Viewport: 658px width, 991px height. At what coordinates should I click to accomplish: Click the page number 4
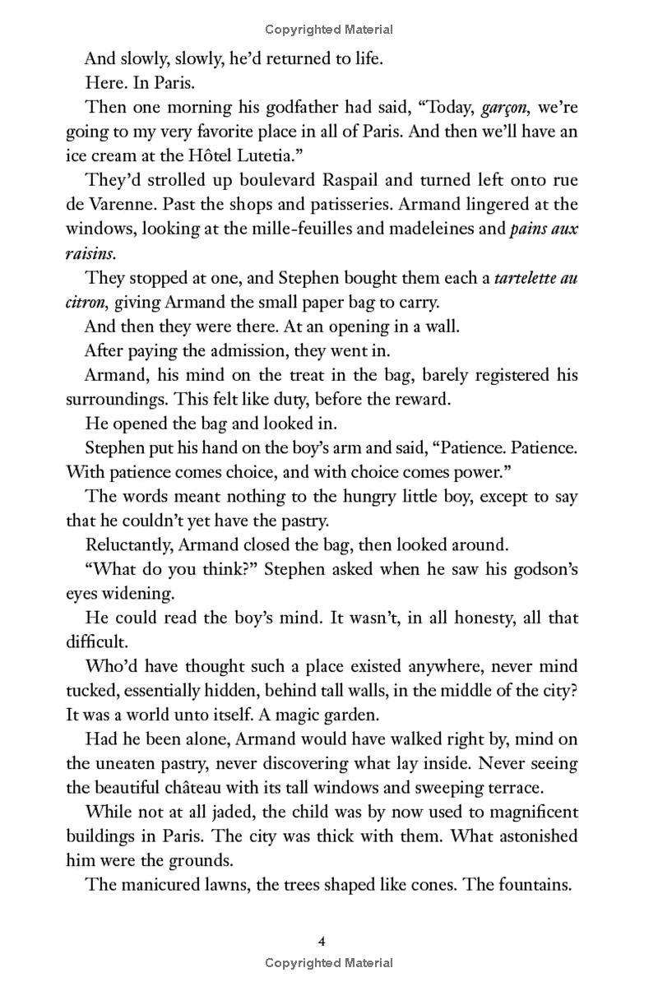point(329,940)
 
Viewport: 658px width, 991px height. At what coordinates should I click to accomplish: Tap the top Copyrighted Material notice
point(329,30)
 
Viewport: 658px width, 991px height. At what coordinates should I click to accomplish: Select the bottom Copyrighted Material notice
point(329,962)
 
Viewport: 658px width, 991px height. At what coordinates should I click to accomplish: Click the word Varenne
point(119,204)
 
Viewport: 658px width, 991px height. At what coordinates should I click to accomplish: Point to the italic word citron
point(86,302)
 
